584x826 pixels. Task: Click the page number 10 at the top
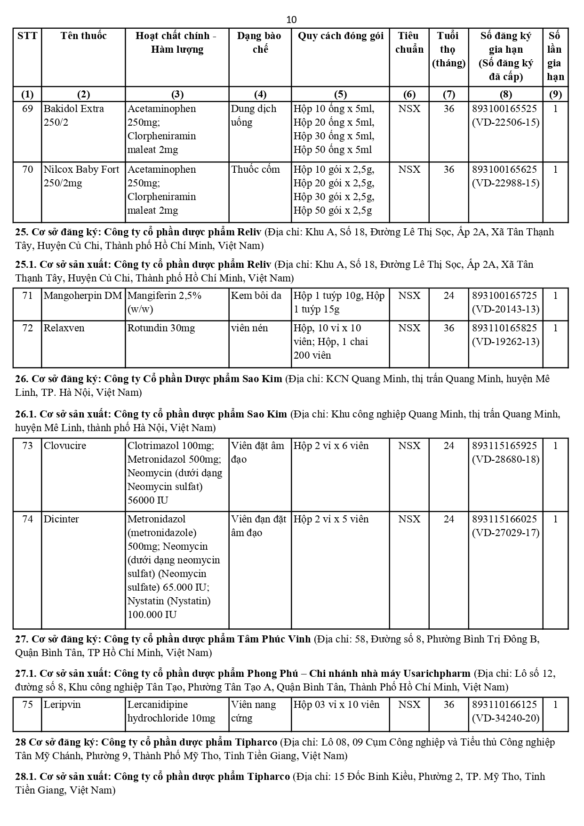coord(291,19)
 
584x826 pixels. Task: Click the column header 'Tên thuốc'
coord(83,36)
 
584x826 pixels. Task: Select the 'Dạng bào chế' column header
coord(260,42)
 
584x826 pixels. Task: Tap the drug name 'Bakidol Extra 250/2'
coord(74,115)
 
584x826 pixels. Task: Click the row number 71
coord(28,296)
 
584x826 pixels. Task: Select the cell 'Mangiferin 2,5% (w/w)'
coord(164,302)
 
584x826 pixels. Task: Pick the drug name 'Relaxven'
coord(64,328)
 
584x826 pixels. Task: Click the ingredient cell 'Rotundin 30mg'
coord(161,328)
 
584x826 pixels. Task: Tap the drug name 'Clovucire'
coord(65,446)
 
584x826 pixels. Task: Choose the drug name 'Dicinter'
coord(61,519)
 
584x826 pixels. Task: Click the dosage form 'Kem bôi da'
coord(256,296)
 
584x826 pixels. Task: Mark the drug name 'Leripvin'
coord(62,705)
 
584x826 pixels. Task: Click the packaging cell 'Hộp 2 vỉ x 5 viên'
coord(331,519)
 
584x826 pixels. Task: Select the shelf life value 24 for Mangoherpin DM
coord(448,296)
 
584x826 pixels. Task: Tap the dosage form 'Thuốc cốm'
coord(255,169)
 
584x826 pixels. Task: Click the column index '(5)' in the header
coord(340,94)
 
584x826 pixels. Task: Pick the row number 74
coord(28,519)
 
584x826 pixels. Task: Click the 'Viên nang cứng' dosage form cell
coord(254,711)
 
